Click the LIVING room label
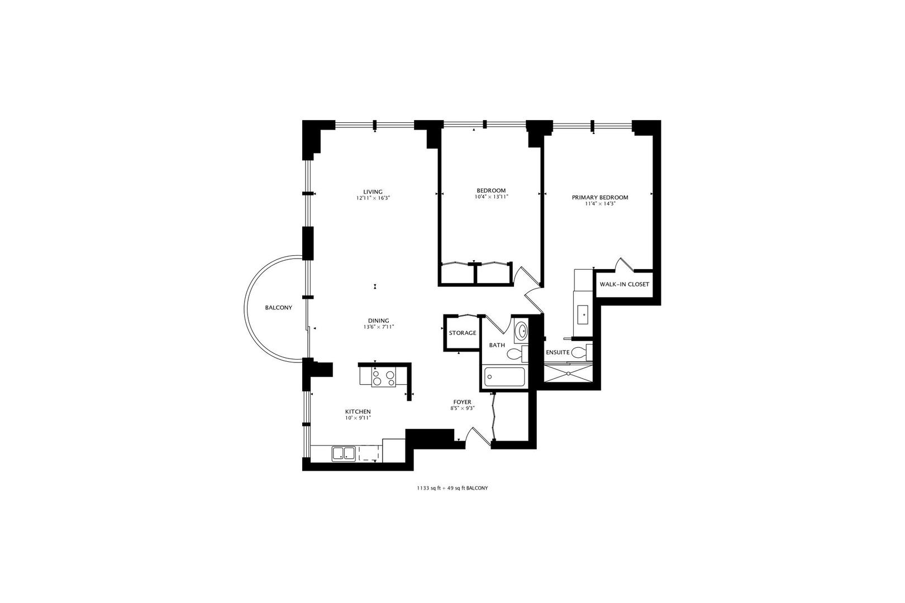(373, 192)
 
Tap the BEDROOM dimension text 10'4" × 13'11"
(491, 197)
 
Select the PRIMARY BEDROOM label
(599, 197)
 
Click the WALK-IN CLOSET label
(624, 284)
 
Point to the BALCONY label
(278, 308)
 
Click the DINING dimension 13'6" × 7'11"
(379, 327)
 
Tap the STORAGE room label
(463, 333)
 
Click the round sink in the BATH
(522, 331)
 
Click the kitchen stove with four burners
(384, 378)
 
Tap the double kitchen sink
(344, 453)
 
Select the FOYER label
(462, 402)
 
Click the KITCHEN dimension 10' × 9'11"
(358, 418)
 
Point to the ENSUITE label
(558, 352)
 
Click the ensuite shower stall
(568, 374)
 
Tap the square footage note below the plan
(453, 488)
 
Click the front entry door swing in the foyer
(477, 437)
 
